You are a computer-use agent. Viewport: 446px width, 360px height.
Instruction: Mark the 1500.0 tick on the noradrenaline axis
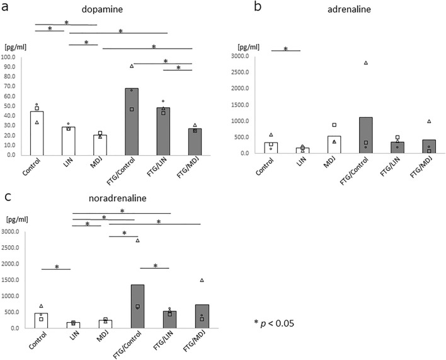[12, 264]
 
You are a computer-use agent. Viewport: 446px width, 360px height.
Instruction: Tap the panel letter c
[6, 197]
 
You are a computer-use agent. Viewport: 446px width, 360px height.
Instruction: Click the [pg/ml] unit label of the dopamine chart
[14, 47]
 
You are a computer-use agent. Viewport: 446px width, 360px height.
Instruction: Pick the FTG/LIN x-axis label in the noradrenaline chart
[163, 344]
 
